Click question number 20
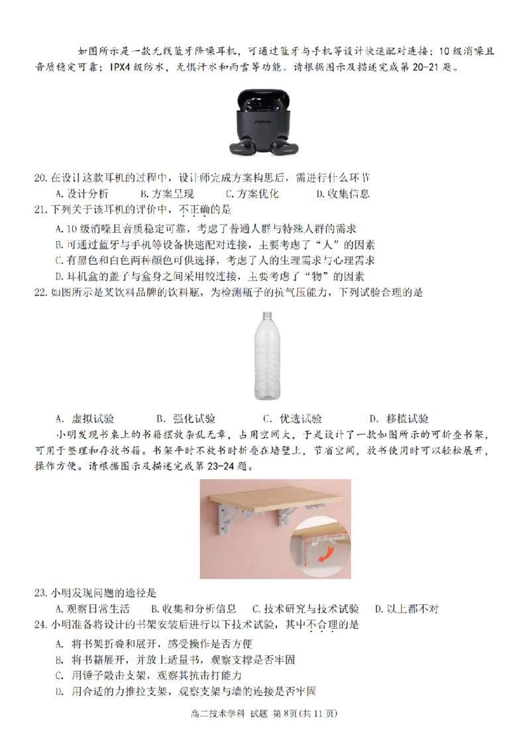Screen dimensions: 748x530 [40, 178]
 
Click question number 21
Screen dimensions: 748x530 [40, 210]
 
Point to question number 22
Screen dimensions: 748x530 [40, 293]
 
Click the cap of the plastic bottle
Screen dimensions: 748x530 [267, 316]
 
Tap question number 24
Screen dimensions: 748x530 [40, 625]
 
